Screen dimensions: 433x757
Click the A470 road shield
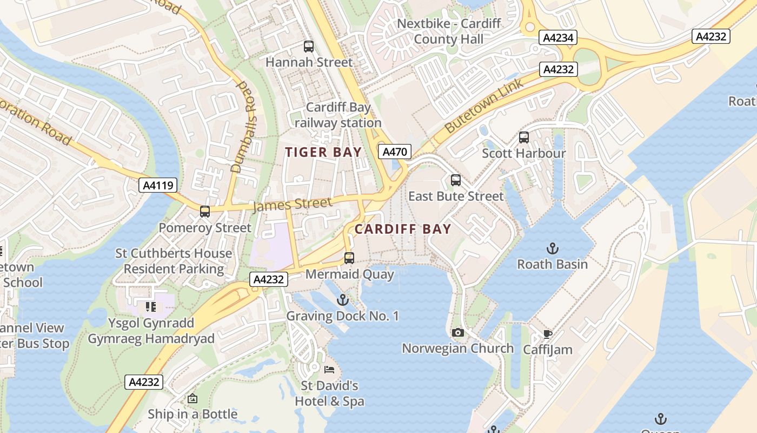[395, 152]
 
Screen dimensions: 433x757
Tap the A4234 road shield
[558, 37]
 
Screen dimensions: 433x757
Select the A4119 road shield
[158, 186]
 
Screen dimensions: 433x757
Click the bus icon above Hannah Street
[309, 47]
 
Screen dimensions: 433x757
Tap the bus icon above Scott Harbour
[523, 137]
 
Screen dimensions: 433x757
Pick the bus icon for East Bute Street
[456, 180]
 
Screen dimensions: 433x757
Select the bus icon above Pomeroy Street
[205, 212]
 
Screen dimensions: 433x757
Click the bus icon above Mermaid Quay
[349, 258]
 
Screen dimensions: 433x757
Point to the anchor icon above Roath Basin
[552, 248]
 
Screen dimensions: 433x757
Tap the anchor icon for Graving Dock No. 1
[342, 300]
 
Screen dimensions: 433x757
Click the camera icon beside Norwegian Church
[458, 332]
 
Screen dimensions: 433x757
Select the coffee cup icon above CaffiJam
[547, 334]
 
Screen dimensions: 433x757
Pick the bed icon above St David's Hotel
[329, 370]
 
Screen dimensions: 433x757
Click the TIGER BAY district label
[323, 153]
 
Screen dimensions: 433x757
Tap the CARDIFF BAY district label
[402, 229]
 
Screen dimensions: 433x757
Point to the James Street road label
[292, 205]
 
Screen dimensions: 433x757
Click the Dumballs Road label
[245, 127]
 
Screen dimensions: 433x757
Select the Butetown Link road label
[484, 106]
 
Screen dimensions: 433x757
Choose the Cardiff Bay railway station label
[338, 115]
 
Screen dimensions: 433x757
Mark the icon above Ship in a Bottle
[192, 399]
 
